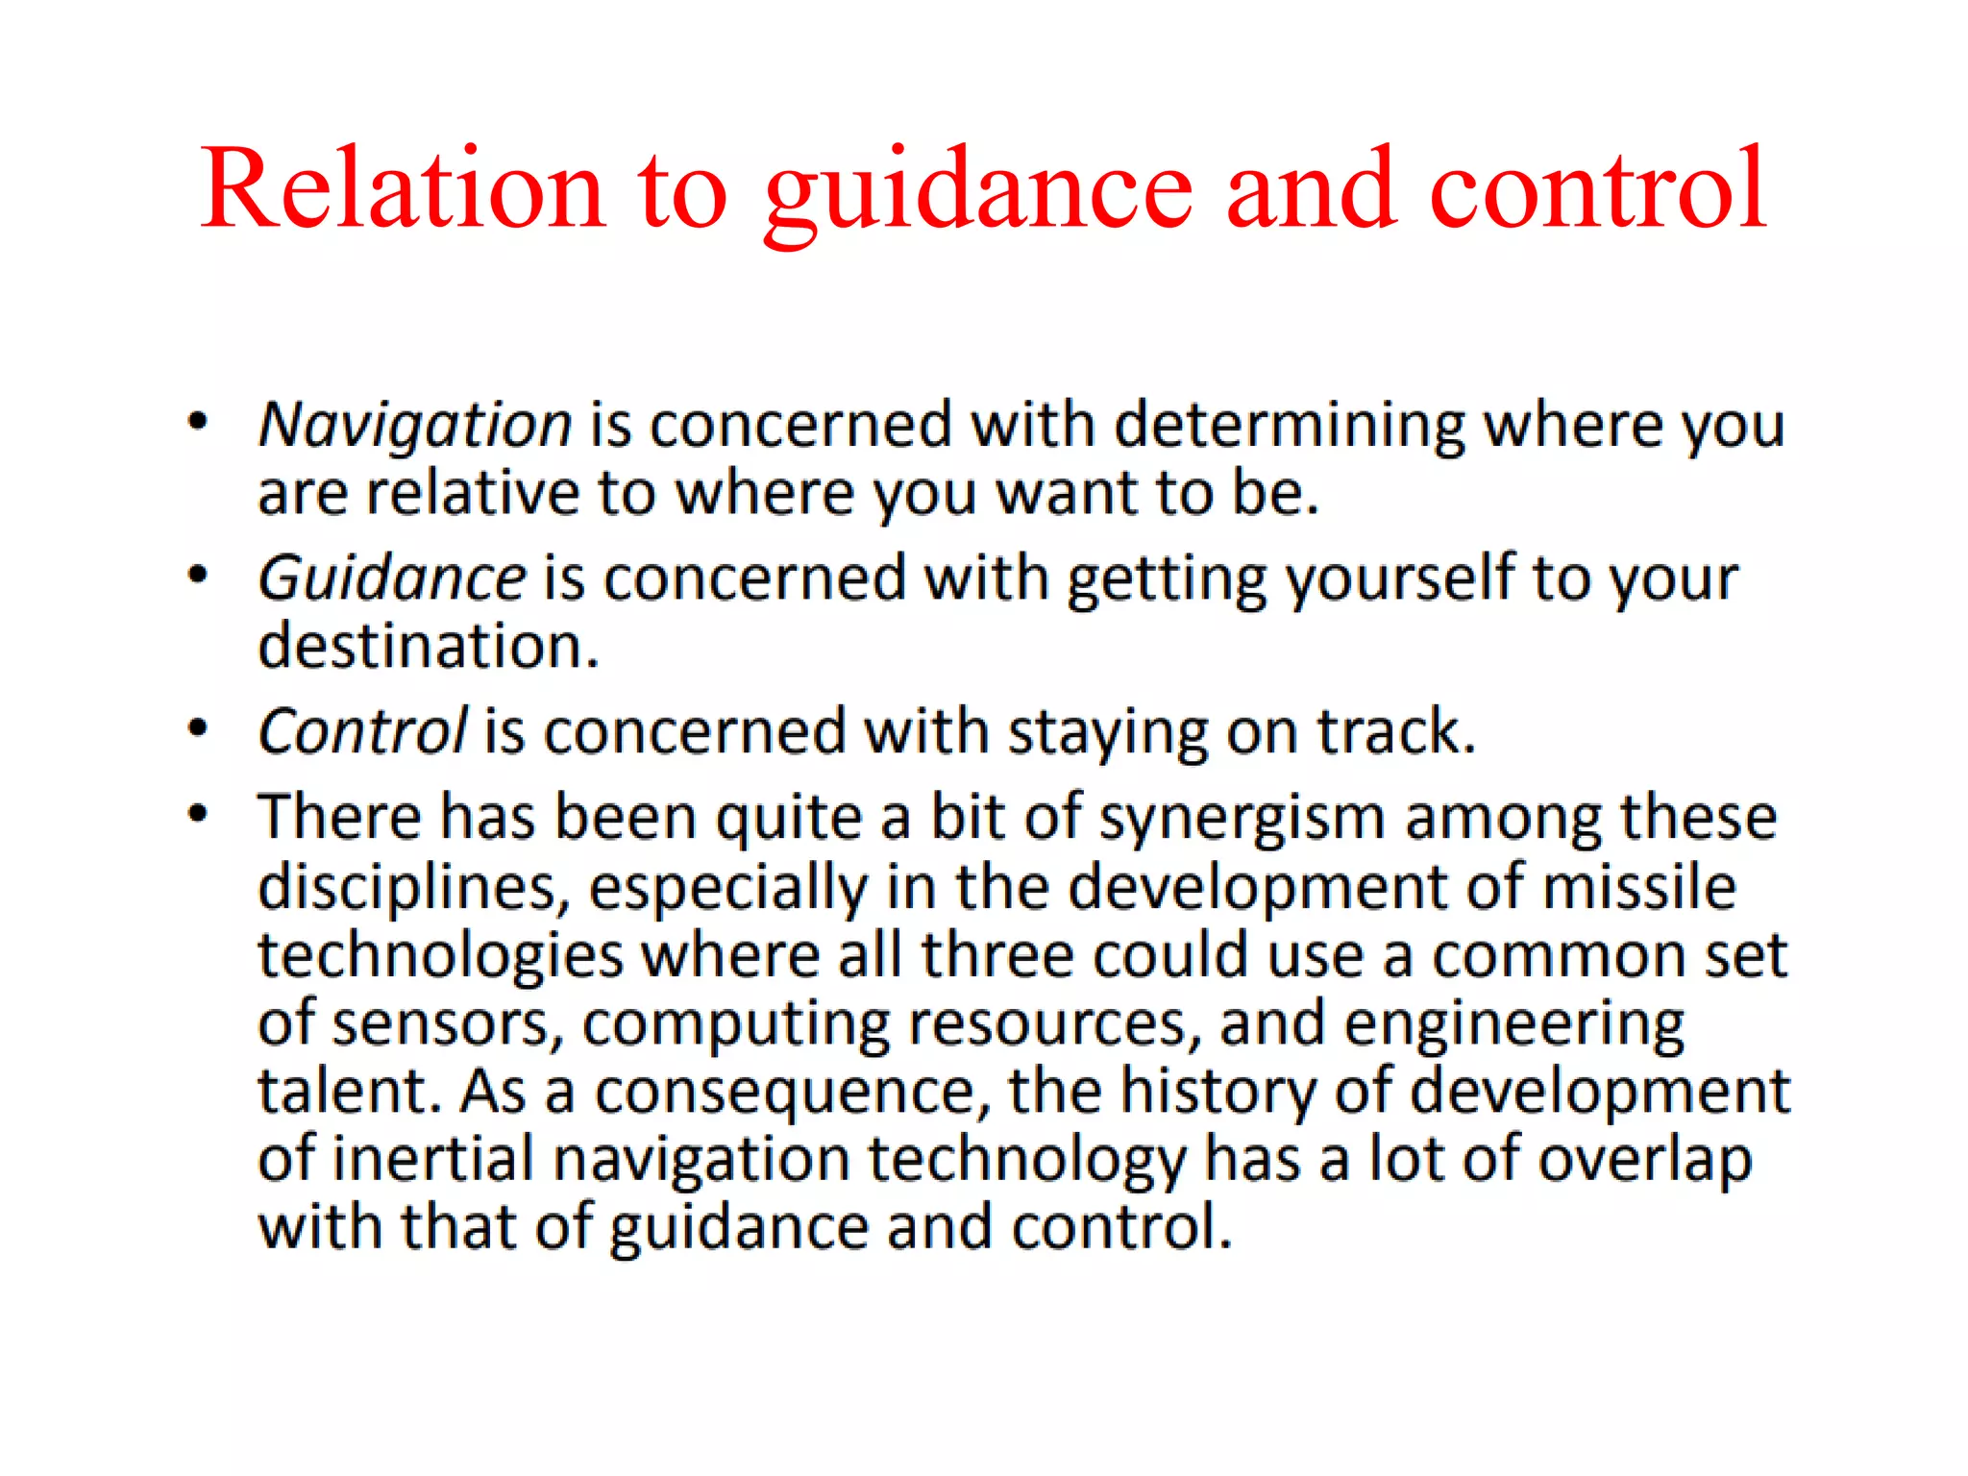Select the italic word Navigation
[x=415, y=425]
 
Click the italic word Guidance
[x=392, y=578]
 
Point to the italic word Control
[x=362, y=732]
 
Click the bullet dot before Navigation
[x=198, y=422]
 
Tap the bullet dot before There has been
[x=198, y=815]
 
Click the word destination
[x=429, y=646]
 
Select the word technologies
[x=440, y=957]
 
